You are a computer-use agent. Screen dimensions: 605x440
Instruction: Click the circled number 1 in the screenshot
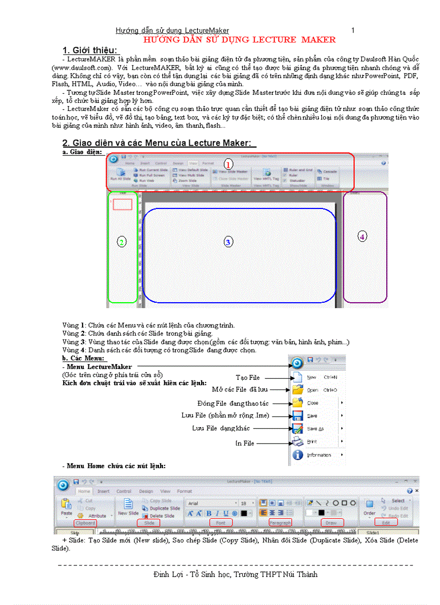pos(228,163)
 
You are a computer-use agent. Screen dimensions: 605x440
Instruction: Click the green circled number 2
pos(122,242)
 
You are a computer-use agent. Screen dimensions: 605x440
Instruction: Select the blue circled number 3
pos(228,242)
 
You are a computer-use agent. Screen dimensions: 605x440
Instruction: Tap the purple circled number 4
pos(362,236)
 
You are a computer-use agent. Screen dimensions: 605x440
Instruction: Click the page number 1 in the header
pos(353,31)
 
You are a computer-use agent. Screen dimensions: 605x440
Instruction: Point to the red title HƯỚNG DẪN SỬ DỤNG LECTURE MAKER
pos(239,40)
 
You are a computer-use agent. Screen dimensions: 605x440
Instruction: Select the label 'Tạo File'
pos(247,377)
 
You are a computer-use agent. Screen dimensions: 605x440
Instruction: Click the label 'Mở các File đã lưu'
pos(239,389)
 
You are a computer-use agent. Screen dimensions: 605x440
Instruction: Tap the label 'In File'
pos(244,443)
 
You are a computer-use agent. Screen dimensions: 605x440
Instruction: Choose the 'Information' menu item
pos(319,455)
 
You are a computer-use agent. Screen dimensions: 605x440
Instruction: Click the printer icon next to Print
pos(297,442)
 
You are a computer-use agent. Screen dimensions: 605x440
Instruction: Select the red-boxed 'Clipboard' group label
pos(85,523)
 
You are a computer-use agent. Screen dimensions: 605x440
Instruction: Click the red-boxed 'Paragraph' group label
pos(280,523)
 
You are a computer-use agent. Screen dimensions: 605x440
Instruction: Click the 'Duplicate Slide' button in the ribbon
pos(164,508)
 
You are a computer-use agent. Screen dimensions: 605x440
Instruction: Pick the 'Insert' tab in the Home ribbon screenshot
pos(104,491)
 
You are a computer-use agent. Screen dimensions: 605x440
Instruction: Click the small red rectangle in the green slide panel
pos(123,204)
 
